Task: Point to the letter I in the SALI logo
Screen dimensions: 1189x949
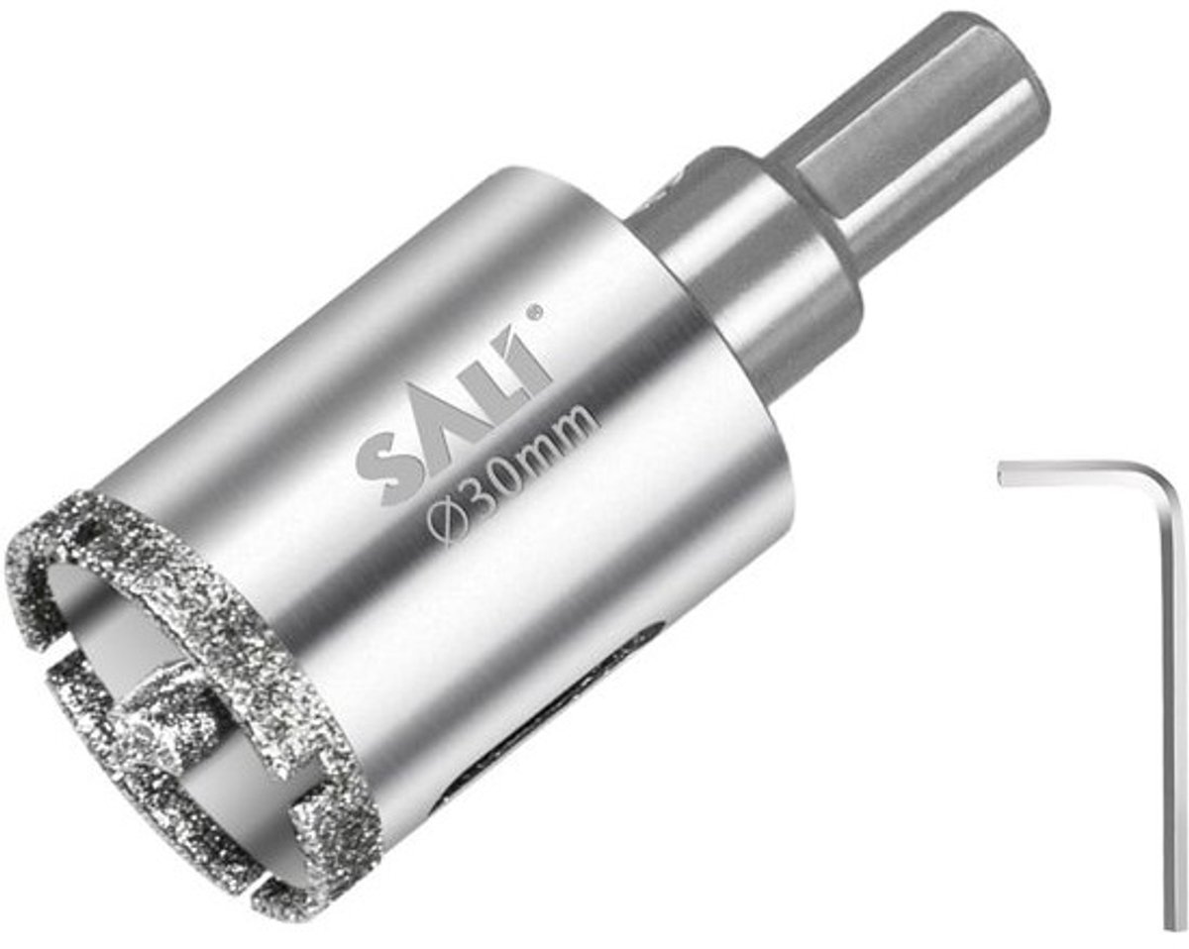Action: coord(531,359)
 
